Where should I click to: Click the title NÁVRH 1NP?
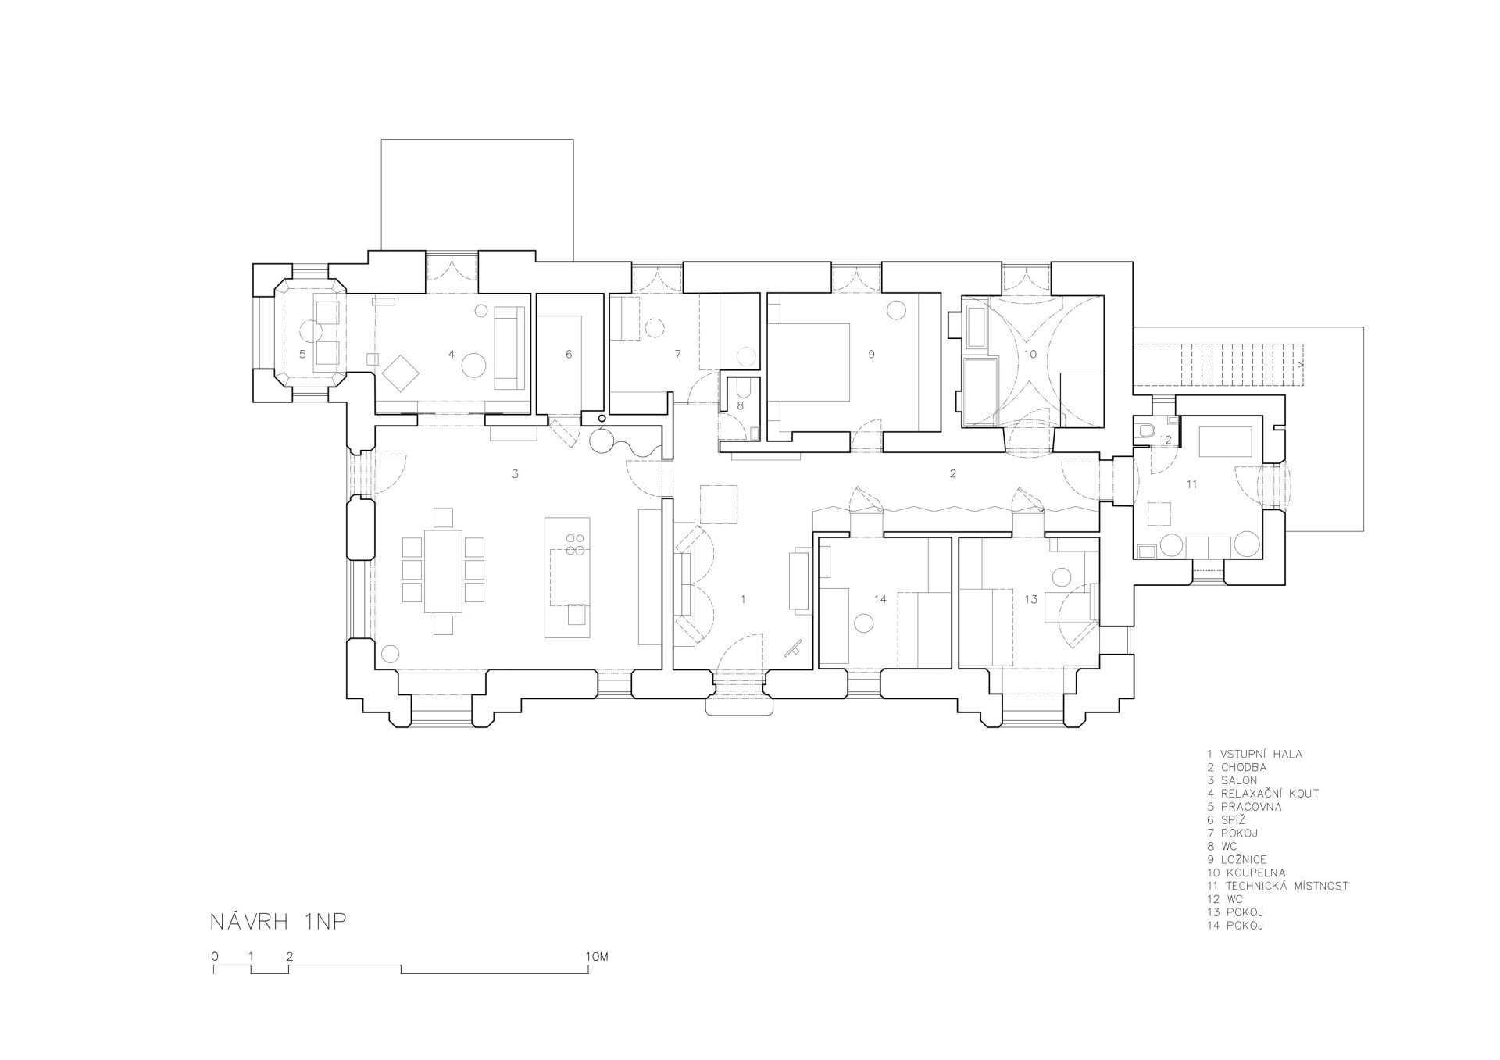click(277, 921)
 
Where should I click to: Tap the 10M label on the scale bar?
click(596, 956)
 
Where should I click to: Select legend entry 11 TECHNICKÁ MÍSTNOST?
click(1277, 886)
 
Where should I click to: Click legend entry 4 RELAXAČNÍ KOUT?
click(1262, 793)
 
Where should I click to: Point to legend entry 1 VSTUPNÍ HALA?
click(1255, 754)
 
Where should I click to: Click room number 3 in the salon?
click(515, 473)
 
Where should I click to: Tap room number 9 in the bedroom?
click(871, 354)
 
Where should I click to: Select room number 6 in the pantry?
click(569, 354)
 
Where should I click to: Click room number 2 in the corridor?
click(952, 473)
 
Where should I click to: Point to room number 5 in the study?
click(302, 354)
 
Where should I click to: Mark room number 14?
click(880, 599)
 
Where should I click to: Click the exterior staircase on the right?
click(1242, 365)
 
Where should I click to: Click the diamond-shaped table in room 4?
click(402, 373)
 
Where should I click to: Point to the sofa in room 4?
click(509, 348)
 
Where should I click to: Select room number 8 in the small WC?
click(740, 406)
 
